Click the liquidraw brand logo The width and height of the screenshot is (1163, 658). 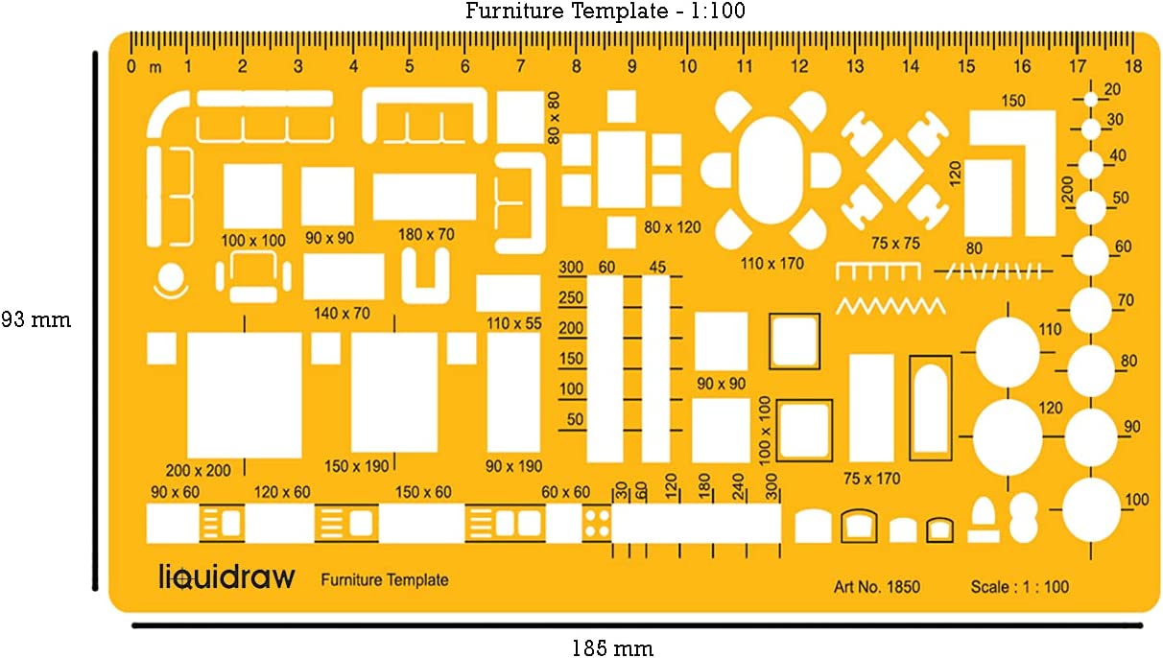(226, 576)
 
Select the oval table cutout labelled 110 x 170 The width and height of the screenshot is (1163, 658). (771, 170)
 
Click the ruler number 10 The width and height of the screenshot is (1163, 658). (688, 67)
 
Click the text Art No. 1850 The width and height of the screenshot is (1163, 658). (876, 587)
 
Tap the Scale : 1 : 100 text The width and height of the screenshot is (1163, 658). (1019, 587)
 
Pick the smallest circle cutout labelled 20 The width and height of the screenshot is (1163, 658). (1091, 98)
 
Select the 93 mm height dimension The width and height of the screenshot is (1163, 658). (36, 319)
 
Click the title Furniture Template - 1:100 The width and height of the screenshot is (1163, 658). (605, 12)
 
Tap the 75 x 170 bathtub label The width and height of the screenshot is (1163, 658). (871, 478)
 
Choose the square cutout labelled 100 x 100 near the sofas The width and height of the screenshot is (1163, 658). (252, 196)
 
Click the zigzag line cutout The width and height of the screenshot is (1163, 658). (890, 306)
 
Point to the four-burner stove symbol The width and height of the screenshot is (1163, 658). (597, 523)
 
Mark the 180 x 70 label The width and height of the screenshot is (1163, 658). (427, 234)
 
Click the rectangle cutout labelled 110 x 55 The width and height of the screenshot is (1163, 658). (509, 293)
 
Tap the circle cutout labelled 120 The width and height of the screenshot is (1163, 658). (1008, 436)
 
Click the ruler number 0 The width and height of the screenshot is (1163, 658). (131, 67)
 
